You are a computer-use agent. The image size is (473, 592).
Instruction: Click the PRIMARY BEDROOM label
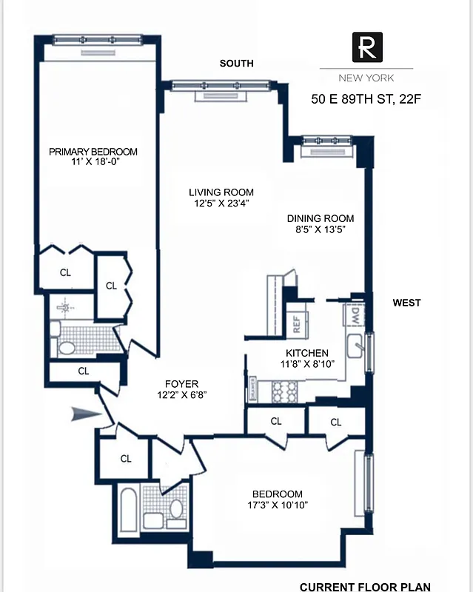tap(93, 152)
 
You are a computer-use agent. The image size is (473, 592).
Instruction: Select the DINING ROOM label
tap(320, 218)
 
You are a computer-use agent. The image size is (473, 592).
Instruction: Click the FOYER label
tap(181, 383)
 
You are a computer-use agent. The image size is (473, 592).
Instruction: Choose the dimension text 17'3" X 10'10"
tap(277, 505)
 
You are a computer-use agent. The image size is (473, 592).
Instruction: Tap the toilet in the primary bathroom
tap(65, 346)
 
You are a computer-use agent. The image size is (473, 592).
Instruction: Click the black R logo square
tap(367, 50)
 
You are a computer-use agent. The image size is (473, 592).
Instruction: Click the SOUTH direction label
tap(236, 64)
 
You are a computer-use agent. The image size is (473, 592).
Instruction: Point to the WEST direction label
tap(406, 303)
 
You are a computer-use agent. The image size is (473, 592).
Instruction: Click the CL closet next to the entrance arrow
tap(126, 459)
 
